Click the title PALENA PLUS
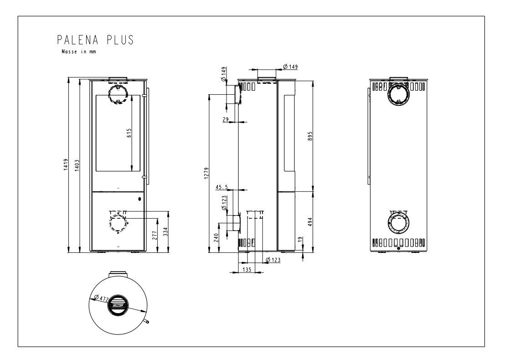pyautogui.click(x=95, y=40)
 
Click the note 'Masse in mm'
pyautogui.click(x=79, y=52)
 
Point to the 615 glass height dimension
pyautogui.click(x=129, y=133)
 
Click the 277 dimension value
pyautogui.click(x=154, y=235)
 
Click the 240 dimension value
pyautogui.click(x=216, y=237)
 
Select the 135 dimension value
pyautogui.click(x=247, y=270)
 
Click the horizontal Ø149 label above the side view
pyautogui.click(x=290, y=67)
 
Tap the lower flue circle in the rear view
pyautogui.click(x=398, y=225)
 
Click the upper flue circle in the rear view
pyautogui.click(x=398, y=95)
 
